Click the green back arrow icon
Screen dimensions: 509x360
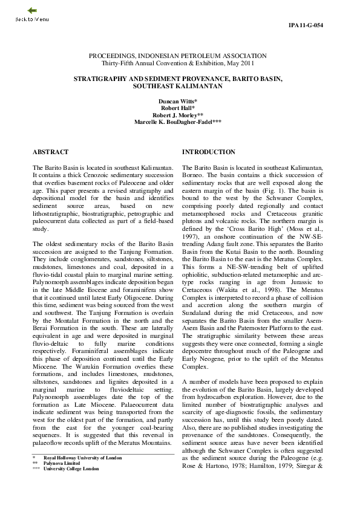pyautogui.click(x=32, y=10)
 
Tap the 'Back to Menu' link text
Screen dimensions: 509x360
pyautogui.click(x=32, y=19)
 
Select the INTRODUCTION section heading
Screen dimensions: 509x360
pyautogui.click(x=209, y=152)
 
